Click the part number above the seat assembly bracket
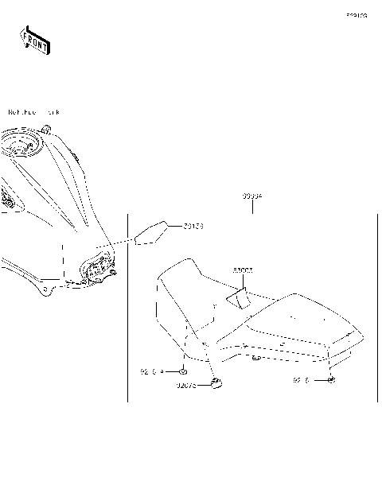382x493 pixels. pos(252,196)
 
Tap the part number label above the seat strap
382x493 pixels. pos(243,270)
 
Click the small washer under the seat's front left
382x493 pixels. pos(184,371)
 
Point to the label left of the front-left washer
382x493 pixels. pos(152,371)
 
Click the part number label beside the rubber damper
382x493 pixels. pos(189,388)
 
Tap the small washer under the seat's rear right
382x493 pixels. pos(331,381)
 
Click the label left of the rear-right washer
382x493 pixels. pos(300,381)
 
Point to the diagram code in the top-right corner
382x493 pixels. pos(356,15)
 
